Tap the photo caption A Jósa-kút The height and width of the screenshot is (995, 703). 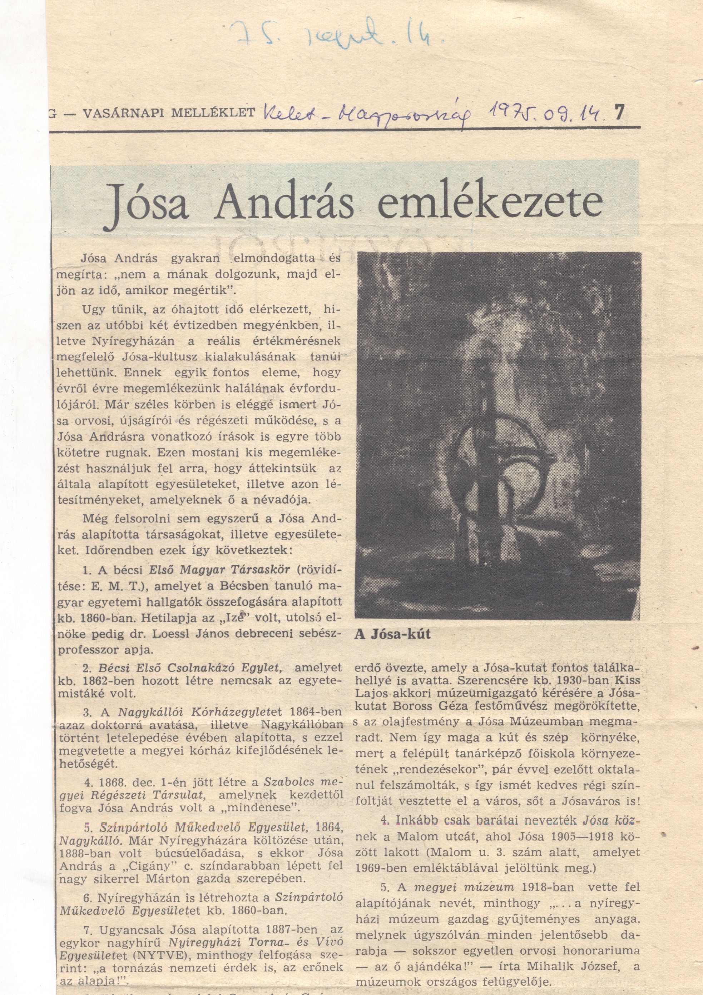(x=393, y=634)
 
